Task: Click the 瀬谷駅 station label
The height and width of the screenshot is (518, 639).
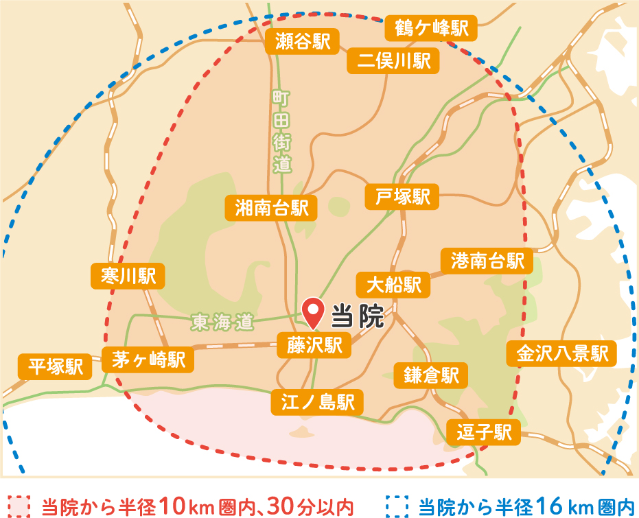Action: (x=302, y=42)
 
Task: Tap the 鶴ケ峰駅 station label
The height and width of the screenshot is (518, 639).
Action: (x=431, y=28)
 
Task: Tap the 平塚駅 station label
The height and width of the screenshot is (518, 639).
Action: (x=55, y=366)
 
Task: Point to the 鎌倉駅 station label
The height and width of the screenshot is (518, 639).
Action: (x=431, y=375)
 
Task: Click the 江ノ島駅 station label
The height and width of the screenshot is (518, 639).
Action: (x=317, y=402)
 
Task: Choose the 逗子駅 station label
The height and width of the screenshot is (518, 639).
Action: (x=484, y=433)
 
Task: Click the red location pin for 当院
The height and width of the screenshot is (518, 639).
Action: (x=314, y=311)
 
